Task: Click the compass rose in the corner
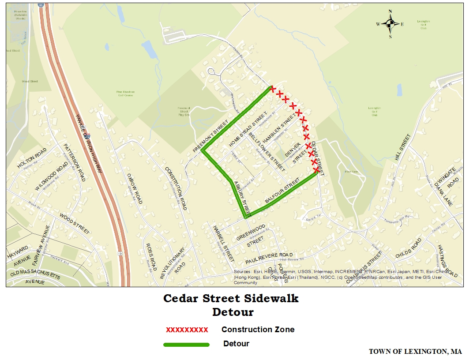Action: pyautogui.click(x=390, y=24)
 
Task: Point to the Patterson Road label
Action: pyautogui.click(x=73, y=162)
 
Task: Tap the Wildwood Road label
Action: pyautogui.click(x=52, y=176)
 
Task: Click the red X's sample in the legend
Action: pyautogui.click(x=187, y=330)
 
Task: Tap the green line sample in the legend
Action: pyautogui.click(x=186, y=344)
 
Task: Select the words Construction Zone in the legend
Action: pyautogui.click(x=258, y=330)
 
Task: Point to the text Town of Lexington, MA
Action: pyautogui.click(x=415, y=352)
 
